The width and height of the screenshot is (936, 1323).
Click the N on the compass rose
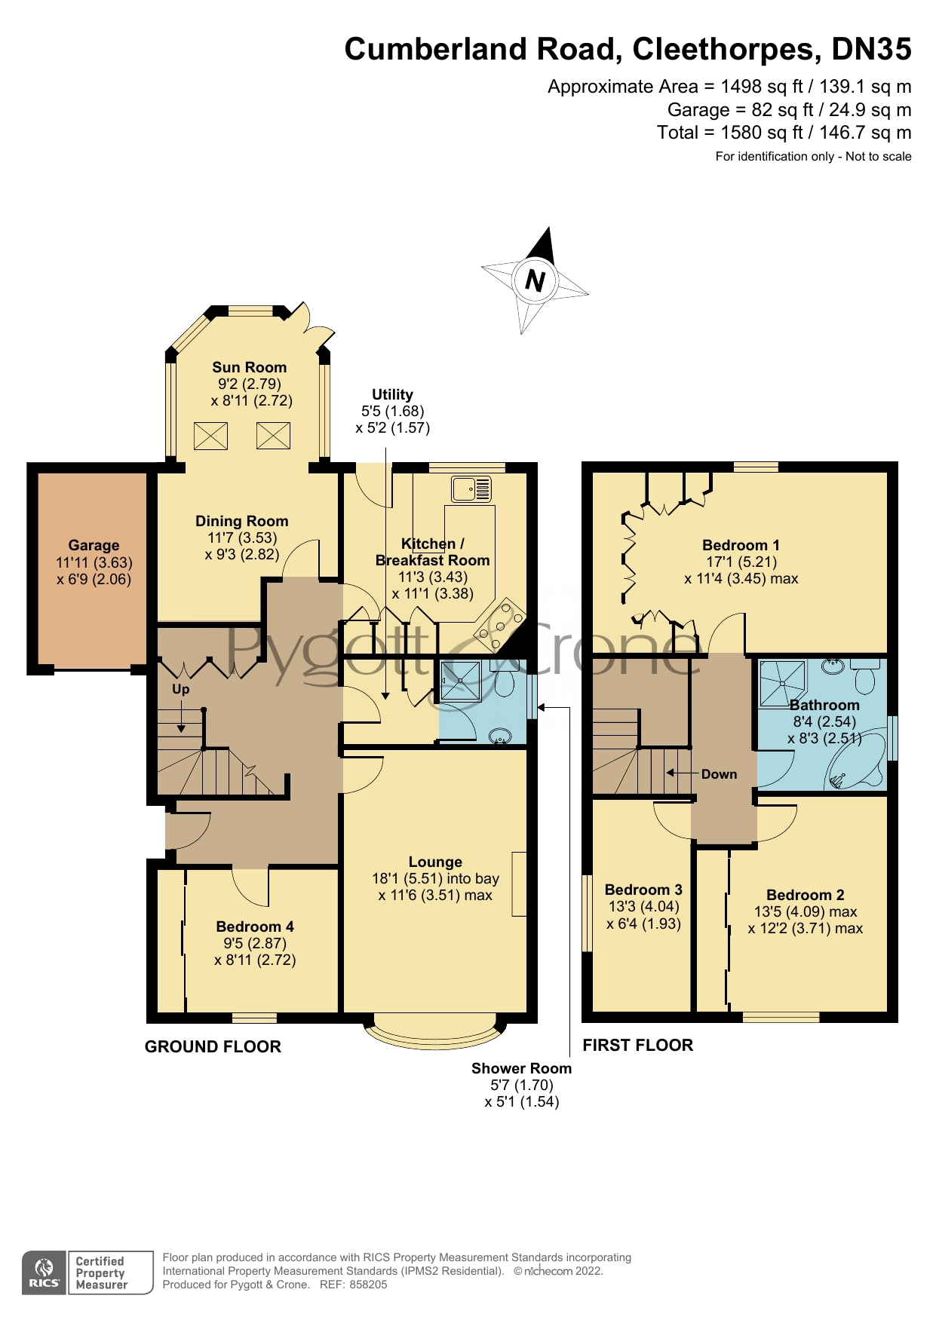coord(535,281)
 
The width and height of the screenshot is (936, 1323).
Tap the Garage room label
coord(94,545)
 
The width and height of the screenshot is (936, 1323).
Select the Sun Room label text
coord(249,367)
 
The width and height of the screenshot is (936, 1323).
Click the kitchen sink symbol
coord(471,489)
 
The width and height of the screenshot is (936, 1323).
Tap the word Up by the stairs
coord(180,689)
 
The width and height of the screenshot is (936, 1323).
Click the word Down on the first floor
coord(719,774)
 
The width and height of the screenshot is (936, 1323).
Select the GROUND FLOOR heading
coord(213,1046)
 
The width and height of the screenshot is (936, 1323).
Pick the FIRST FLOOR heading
coord(637,1045)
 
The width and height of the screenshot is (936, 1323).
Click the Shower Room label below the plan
coord(521,1068)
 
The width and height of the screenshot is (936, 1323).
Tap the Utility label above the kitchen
coord(392,394)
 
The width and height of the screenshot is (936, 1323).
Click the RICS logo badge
coord(44,1273)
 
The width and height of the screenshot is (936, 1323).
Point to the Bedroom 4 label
coord(255,926)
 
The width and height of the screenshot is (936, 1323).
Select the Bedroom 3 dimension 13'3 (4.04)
coord(643,907)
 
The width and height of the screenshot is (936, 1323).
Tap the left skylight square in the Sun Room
coord(210,436)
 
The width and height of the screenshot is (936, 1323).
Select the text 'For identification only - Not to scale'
coord(813,157)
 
